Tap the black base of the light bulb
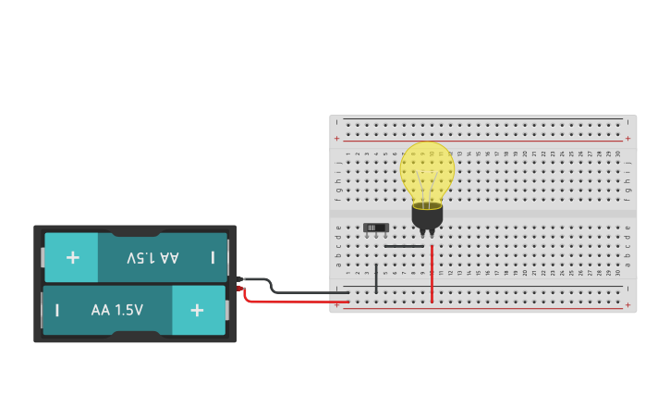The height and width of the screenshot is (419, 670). point(427,217)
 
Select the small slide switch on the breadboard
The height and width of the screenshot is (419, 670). point(376,228)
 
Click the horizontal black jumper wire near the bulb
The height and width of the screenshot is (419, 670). point(403,246)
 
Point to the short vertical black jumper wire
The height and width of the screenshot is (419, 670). point(376,278)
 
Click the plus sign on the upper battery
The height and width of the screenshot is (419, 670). point(72,257)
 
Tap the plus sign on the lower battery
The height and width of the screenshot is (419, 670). point(197,310)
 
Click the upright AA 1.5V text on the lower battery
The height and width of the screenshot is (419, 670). point(117,310)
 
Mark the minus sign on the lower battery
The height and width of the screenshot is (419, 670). point(57,310)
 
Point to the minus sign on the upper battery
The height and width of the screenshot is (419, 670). point(213,257)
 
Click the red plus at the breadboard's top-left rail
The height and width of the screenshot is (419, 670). point(336,138)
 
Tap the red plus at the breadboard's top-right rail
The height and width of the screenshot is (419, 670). point(628,138)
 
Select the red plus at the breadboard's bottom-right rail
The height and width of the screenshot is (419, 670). point(628,305)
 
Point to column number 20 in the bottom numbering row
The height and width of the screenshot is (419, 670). point(525,273)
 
